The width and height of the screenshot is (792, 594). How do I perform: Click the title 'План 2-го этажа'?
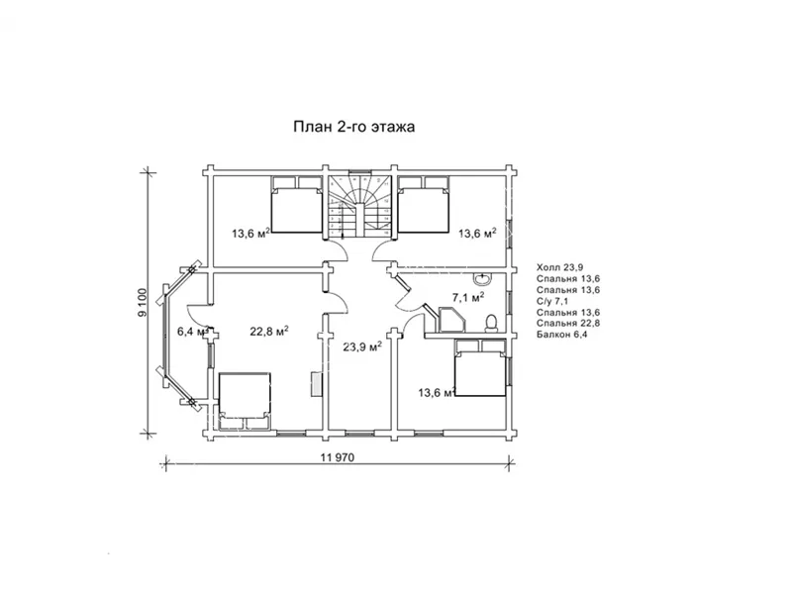[354, 127]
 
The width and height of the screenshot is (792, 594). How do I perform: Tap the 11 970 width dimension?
[338, 457]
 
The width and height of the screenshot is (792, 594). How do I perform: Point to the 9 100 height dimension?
[143, 303]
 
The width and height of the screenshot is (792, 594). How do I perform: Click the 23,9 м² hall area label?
[362, 346]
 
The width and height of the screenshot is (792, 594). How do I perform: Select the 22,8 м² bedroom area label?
[269, 331]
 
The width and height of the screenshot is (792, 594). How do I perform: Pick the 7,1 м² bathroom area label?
[468, 298]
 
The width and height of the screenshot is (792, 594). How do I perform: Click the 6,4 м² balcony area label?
[192, 332]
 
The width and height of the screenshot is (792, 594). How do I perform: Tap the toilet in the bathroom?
[491, 324]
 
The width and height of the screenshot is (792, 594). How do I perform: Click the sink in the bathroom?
[483, 278]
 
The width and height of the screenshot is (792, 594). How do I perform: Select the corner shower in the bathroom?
[451, 320]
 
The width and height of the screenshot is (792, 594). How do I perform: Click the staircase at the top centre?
[359, 207]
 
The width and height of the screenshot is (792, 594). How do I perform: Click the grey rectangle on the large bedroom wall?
[316, 384]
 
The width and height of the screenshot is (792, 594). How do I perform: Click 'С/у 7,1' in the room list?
[552, 301]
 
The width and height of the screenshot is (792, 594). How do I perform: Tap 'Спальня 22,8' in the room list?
[568, 324]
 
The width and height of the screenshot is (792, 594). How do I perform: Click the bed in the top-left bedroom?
[296, 205]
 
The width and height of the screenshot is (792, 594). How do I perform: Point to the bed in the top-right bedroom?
[424, 205]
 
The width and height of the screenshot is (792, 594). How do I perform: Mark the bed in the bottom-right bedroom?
[480, 367]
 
